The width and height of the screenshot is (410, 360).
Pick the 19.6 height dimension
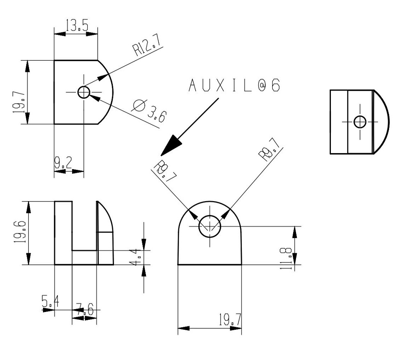[x=20, y=233]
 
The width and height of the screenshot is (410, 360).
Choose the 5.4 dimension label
[x=50, y=303]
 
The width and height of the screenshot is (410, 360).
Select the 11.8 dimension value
[x=287, y=258]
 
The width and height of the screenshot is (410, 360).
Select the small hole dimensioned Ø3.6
[x=84, y=92]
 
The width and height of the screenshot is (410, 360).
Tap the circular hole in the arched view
[x=210, y=226]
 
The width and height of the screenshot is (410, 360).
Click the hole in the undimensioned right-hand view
[x=360, y=122]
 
